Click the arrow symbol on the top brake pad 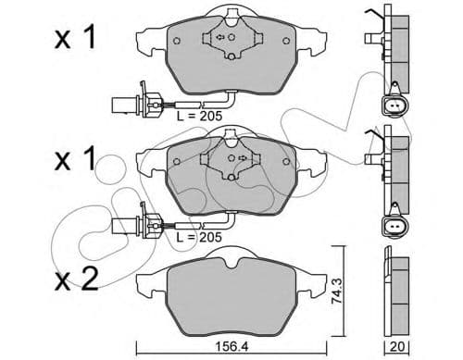tap(223, 38)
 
